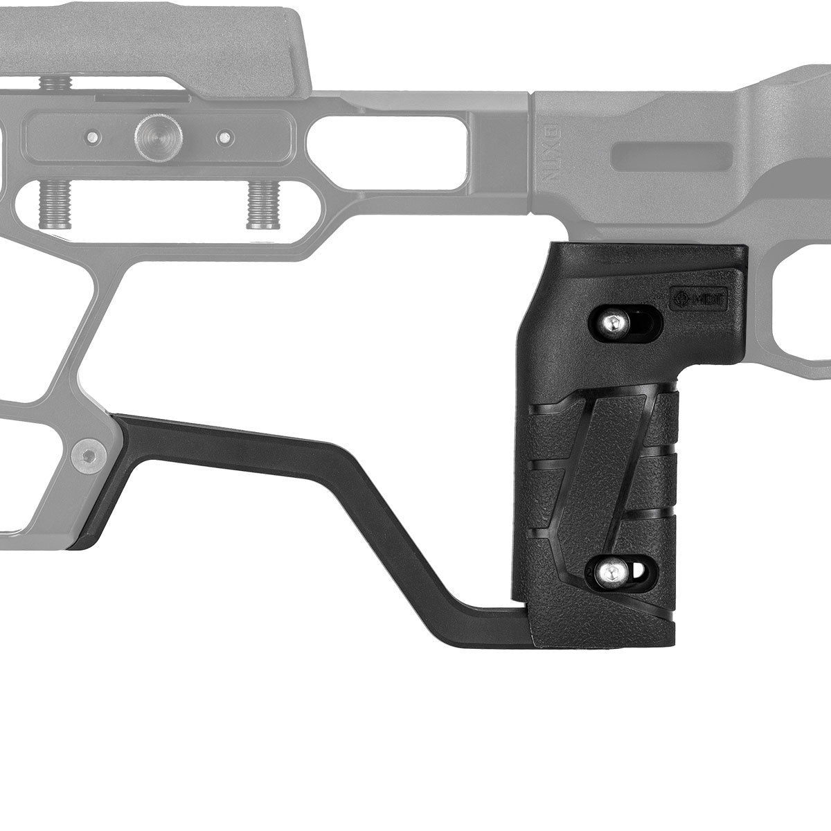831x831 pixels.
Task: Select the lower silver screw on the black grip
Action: point(611,571)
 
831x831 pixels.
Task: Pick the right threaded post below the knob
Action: point(260,206)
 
